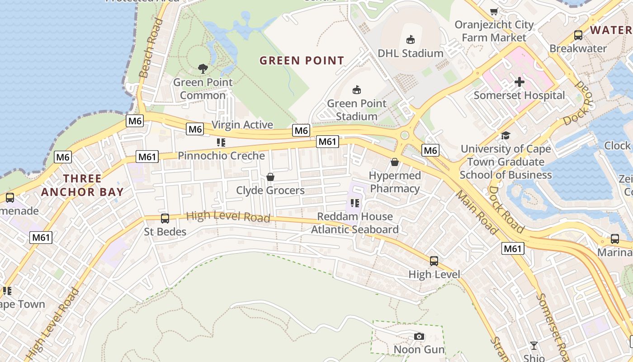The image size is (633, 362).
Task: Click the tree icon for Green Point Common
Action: pos(203,69)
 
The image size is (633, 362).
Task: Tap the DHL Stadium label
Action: pos(411,53)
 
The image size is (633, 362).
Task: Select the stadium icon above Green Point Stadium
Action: pos(357,90)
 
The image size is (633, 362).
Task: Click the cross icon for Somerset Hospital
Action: pos(520,82)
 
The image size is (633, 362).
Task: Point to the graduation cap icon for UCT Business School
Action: pos(505,135)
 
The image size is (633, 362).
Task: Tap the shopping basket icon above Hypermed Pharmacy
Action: pos(395,162)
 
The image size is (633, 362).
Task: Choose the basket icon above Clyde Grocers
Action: pos(270,177)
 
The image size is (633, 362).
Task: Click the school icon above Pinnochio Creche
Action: pos(221,143)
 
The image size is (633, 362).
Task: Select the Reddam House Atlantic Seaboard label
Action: pos(355,223)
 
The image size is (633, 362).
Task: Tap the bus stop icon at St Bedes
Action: pos(165,219)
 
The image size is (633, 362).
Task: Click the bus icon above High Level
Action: pos(434,261)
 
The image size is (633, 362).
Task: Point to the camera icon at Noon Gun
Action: pos(419,336)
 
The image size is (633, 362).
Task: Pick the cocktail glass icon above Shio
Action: pos(534,346)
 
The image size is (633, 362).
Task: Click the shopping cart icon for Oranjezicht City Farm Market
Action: pos(494,12)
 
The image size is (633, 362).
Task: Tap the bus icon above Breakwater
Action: pos(578,35)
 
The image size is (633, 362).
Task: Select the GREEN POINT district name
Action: pos(302,60)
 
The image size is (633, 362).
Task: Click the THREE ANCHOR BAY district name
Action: pos(82,185)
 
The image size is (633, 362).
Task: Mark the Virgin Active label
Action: pos(242,124)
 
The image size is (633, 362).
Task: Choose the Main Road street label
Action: pos(477,213)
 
